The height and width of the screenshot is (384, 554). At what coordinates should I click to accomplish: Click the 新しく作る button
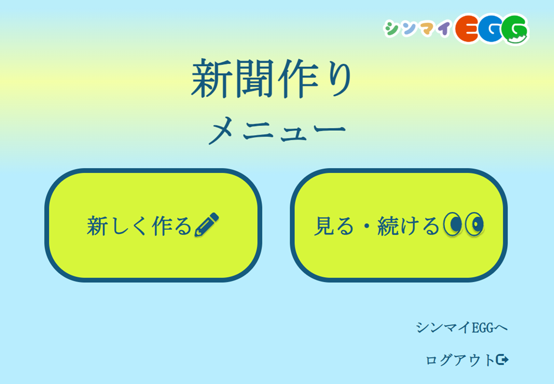point(153,226)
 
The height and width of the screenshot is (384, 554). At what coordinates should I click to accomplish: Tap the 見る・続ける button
point(398,226)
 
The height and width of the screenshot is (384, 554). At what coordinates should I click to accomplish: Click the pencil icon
point(207,224)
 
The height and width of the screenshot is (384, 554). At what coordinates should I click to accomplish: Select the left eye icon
point(453,224)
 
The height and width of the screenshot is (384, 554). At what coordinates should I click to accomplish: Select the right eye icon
point(474,224)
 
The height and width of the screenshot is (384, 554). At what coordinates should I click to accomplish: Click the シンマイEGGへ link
point(461,327)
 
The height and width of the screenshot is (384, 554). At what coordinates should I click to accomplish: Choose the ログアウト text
point(460,360)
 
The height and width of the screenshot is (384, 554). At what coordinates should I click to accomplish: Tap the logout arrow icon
point(502,360)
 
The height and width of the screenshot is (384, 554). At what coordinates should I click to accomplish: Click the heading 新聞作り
point(271,79)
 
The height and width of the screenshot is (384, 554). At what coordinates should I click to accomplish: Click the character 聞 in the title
point(253,79)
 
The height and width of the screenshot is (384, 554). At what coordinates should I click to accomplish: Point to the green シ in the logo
point(392,29)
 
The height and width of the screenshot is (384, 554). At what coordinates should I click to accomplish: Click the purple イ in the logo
point(443,28)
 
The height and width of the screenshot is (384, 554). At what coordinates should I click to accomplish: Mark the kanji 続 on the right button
point(388,226)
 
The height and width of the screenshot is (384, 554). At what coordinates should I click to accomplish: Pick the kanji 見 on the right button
point(324,226)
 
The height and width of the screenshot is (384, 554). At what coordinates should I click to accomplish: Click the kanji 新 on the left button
point(97,226)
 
